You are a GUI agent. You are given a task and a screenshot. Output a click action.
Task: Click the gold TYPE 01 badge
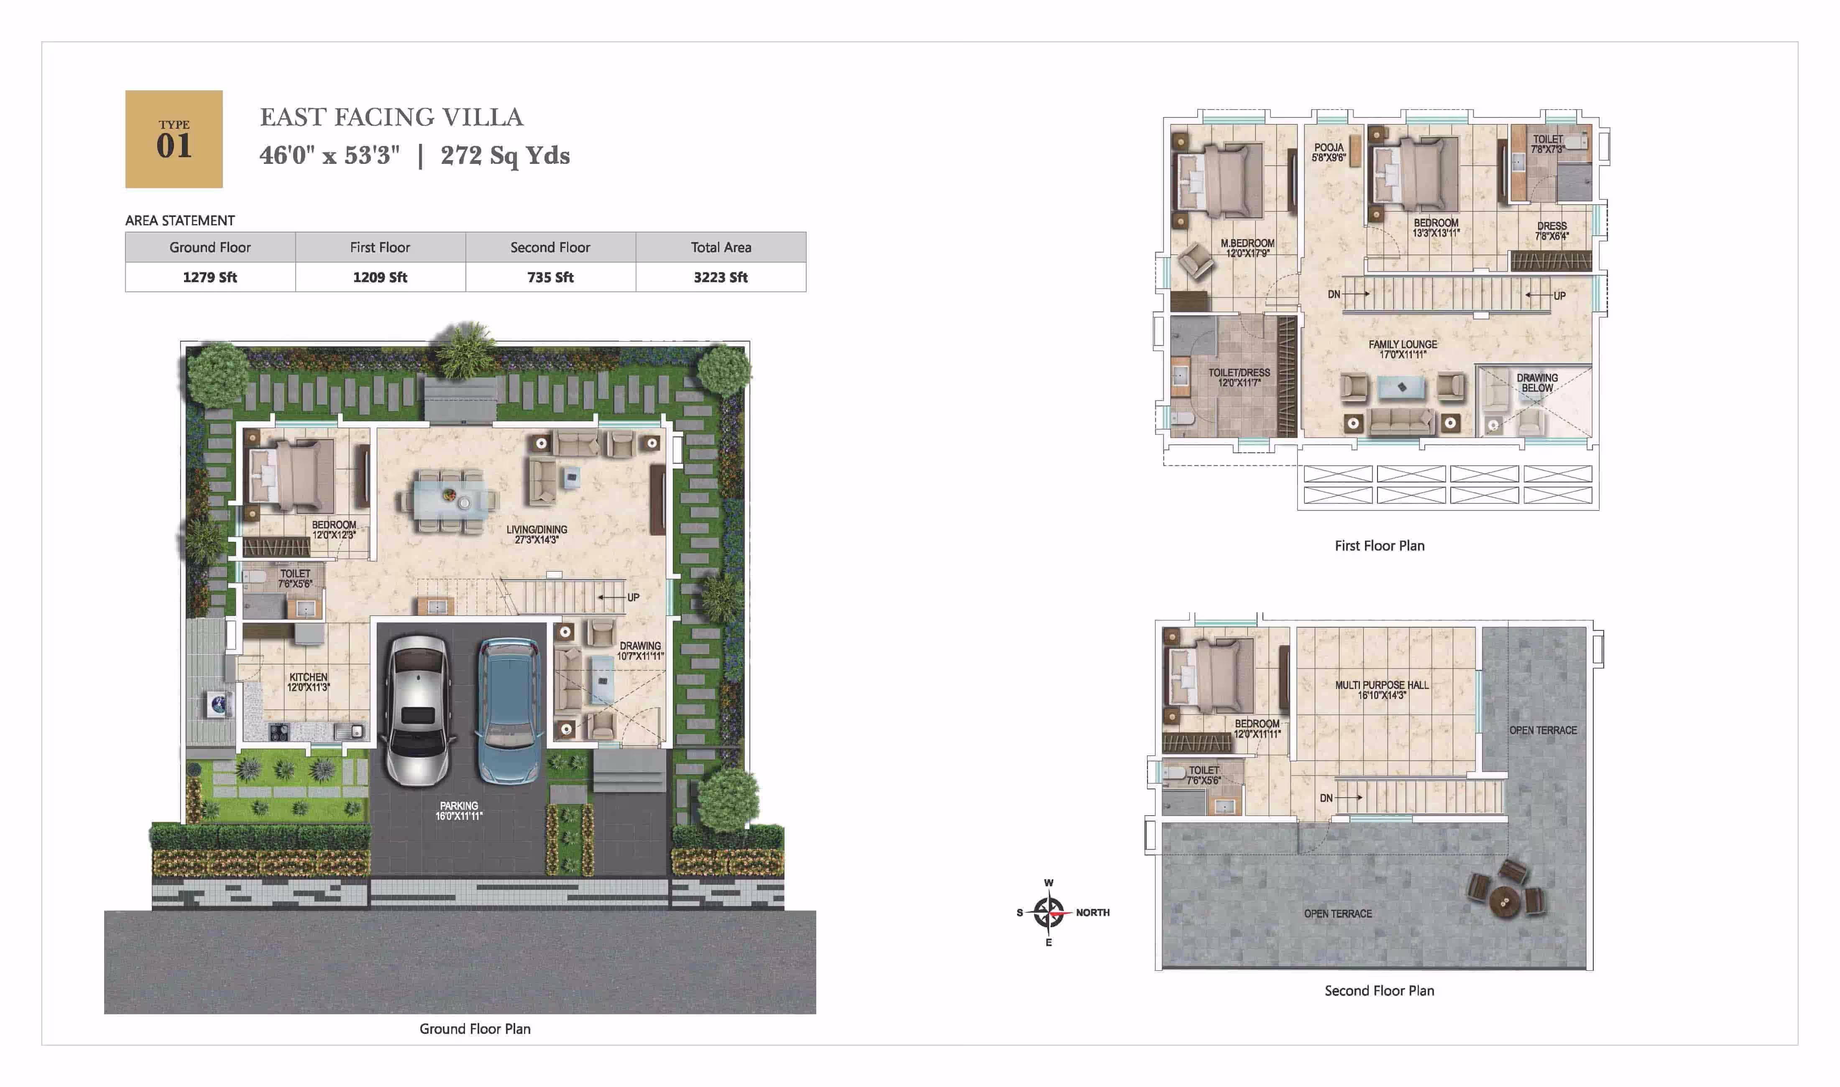[174, 139]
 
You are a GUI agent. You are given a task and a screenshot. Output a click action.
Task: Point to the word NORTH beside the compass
[1092, 913]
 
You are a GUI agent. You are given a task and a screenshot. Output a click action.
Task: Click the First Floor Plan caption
[1379, 546]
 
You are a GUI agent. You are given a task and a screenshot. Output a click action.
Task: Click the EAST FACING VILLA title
[392, 117]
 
